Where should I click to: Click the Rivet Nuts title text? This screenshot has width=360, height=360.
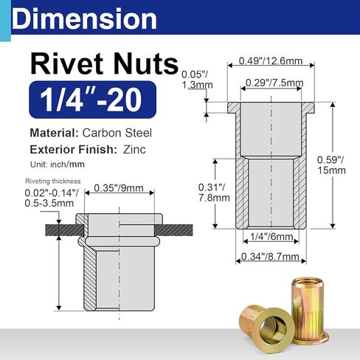103,63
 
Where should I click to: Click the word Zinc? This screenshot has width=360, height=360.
136,150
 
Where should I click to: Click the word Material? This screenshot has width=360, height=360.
55,134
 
